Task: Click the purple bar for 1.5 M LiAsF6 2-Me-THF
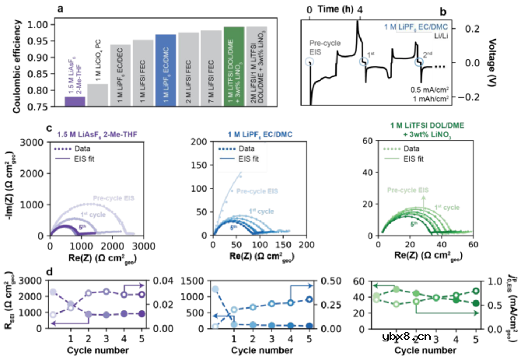(x=75, y=101)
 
